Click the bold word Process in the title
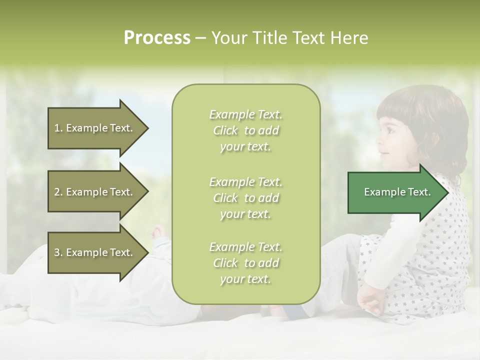(157, 38)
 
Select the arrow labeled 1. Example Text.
(95, 128)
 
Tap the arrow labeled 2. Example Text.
(95, 192)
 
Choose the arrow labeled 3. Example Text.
(95, 252)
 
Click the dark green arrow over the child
(395, 192)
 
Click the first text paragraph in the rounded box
(246, 130)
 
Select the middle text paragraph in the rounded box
(246, 198)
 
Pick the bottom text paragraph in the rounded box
(246, 263)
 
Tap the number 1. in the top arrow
(58, 128)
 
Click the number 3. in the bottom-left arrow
(58, 252)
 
